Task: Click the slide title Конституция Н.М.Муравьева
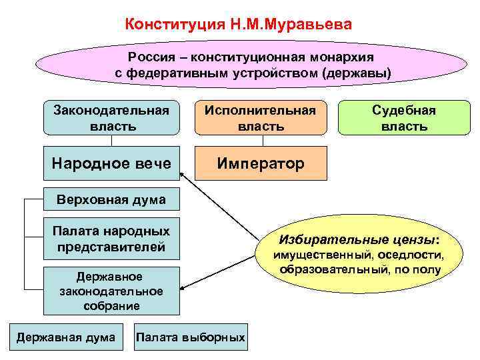pyautogui.click(x=238, y=25)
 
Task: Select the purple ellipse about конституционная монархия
pyautogui.click(x=240, y=64)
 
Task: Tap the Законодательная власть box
pyautogui.click(x=111, y=117)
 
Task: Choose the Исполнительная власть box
pyautogui.click(x=261, y=117)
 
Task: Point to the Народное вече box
pyautogui.click(x=111, y=163)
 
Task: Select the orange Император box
pyautogui.click(x=261, y=163)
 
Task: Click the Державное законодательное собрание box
pyautogui.click(x=111, y=291)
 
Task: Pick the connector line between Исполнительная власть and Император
pyautogui.click(x=261, y=139)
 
